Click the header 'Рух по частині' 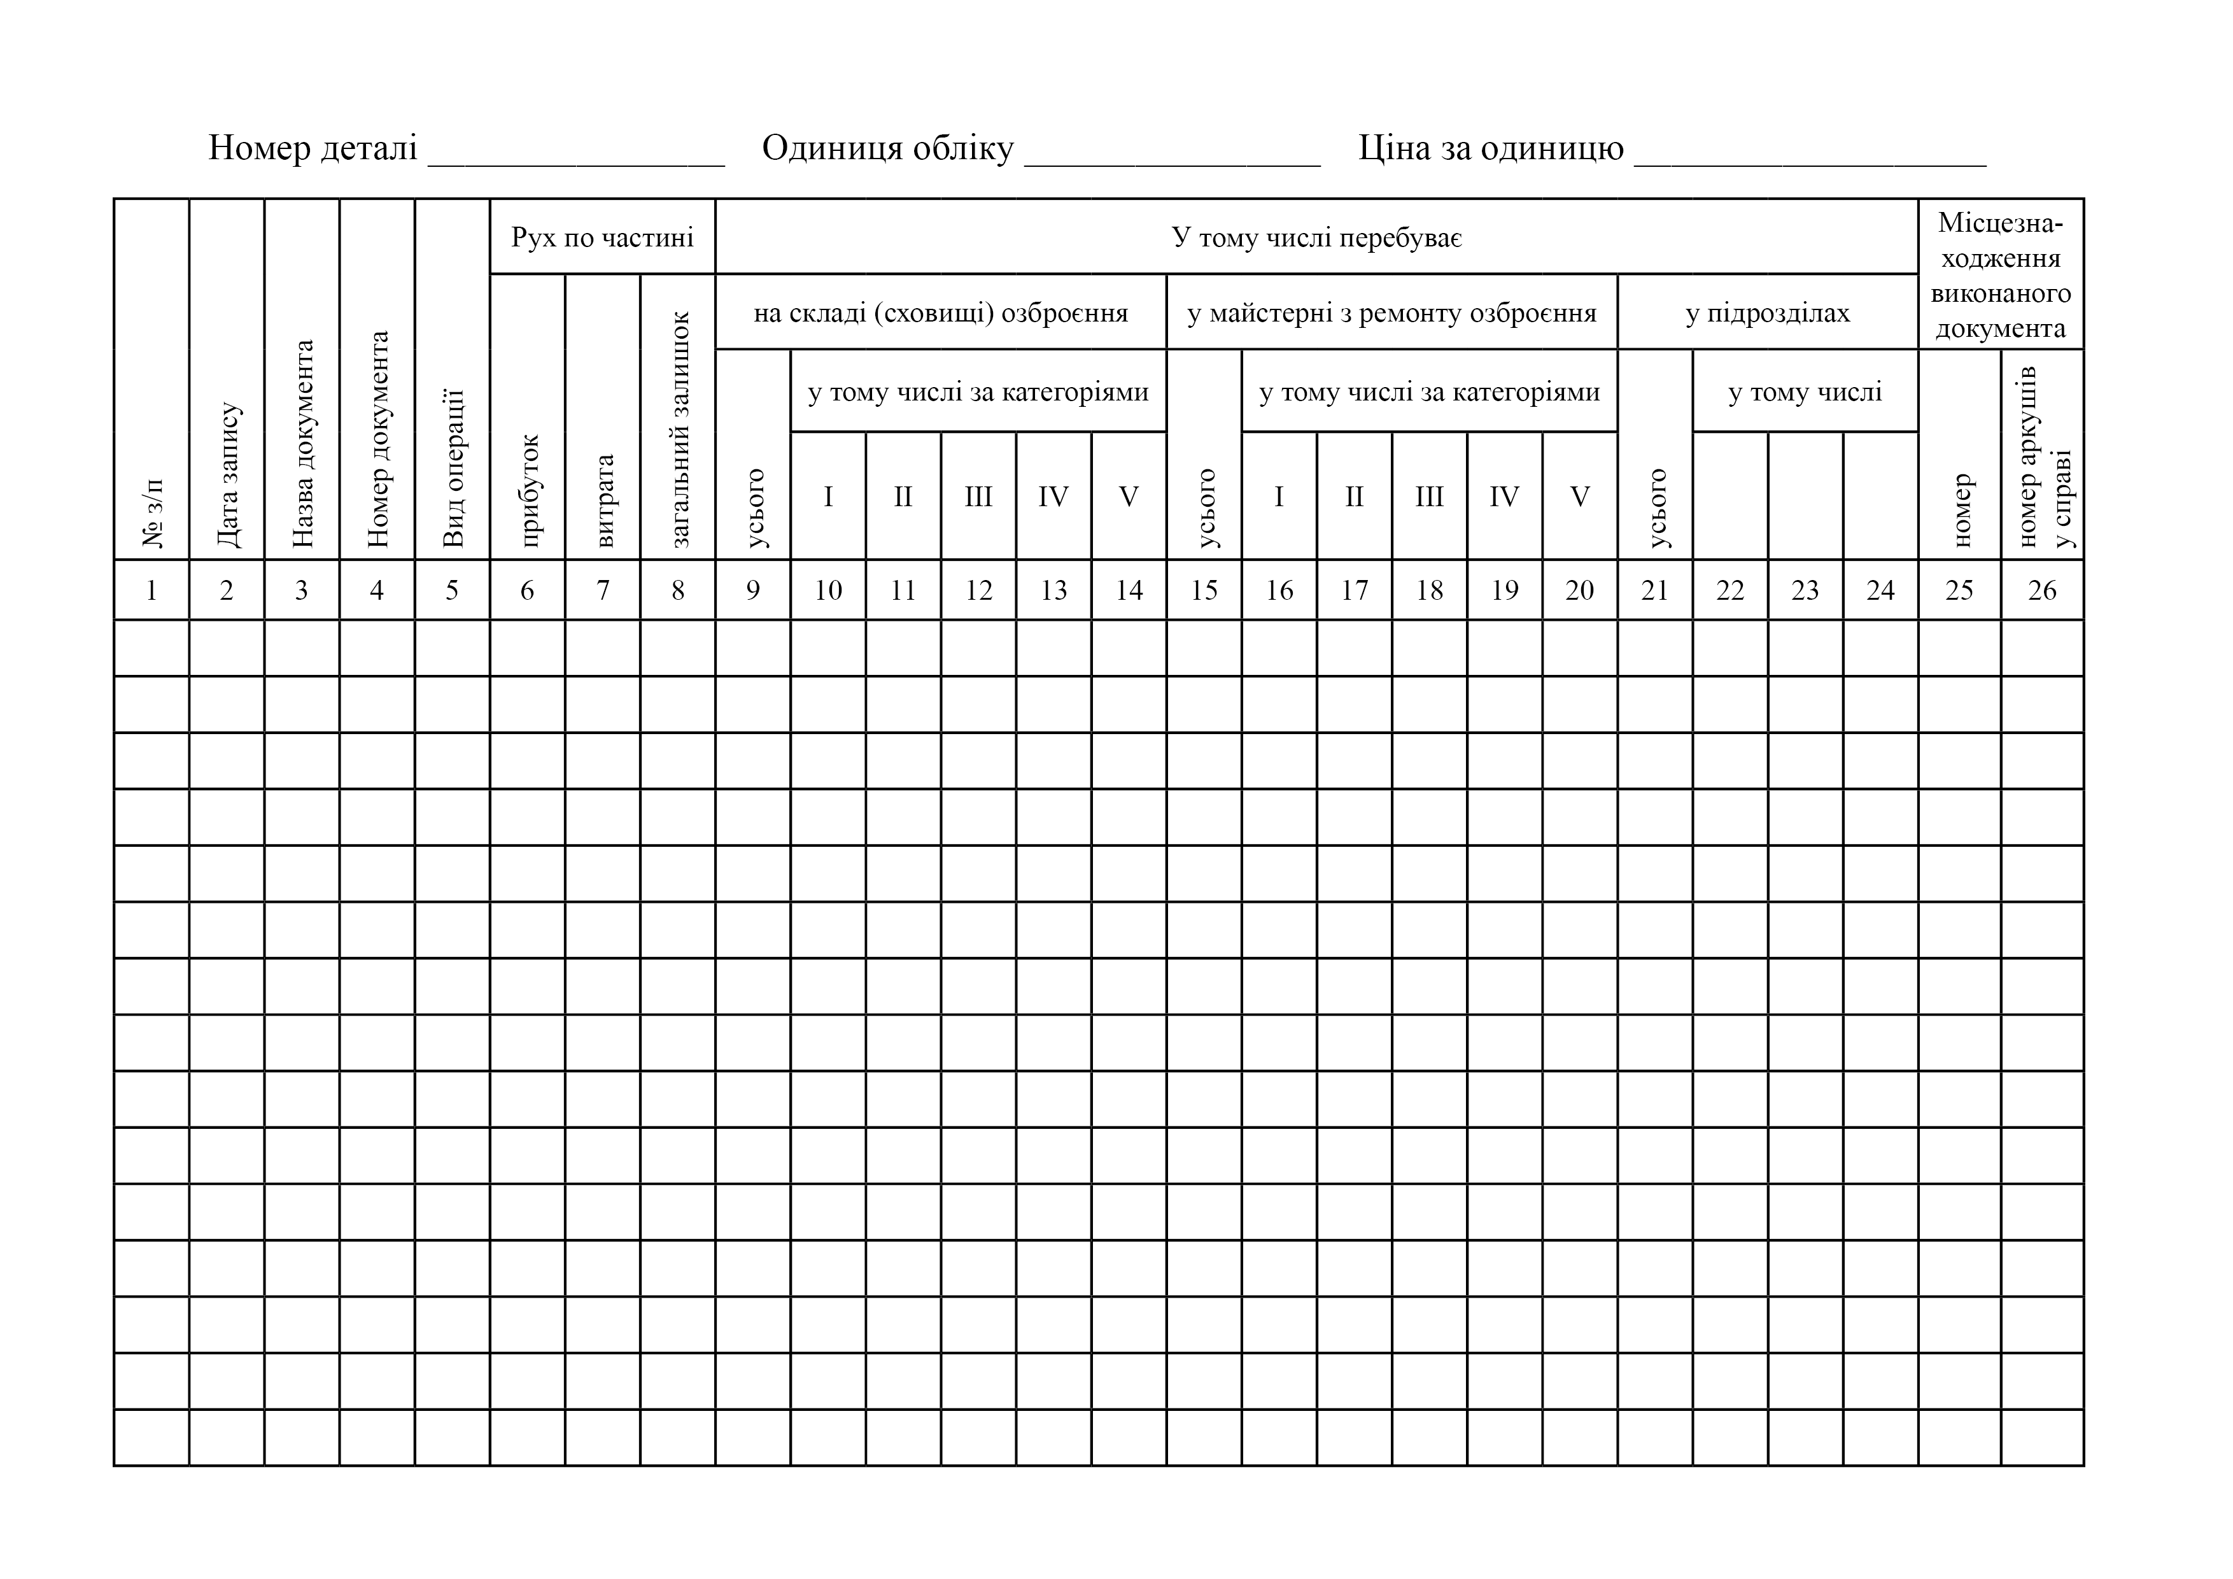pyautogui.click(x=602, y=237)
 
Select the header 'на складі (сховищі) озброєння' pyautogui.click(x=940, y=313)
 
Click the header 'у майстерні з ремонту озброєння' pyautogui.click(x=1391, y=313)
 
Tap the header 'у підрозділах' pyautogui.click(x=1767, y=313)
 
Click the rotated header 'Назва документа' pyautogui.click(x=302, y=444)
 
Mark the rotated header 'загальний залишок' pyautogui.click(x=679, y=429)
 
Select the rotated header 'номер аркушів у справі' pyautogui.click(x=2043, y=457)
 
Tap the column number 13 pyautogui.click(x=1053, y=591)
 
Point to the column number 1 pyautogui.click(x=151, y=591)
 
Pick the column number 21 pyautogui.click(x=1654, y=591)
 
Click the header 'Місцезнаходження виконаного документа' pyautogui.click(x=2001, y=275)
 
